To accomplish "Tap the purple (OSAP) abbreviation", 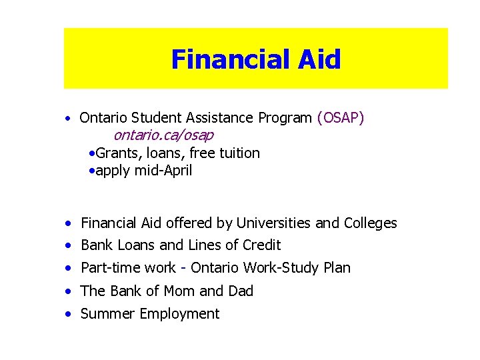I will click(x=340, y=118).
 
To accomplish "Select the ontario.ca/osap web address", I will click(x=163, y=135).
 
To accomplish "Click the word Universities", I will click(x=273, y=223).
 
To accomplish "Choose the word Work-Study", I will click(x=283, y=268).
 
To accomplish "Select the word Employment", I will click(x=179, y=314).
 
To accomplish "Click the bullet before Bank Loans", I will click(x=69, y=246).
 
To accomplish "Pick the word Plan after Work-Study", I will click(x=336, y=268).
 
